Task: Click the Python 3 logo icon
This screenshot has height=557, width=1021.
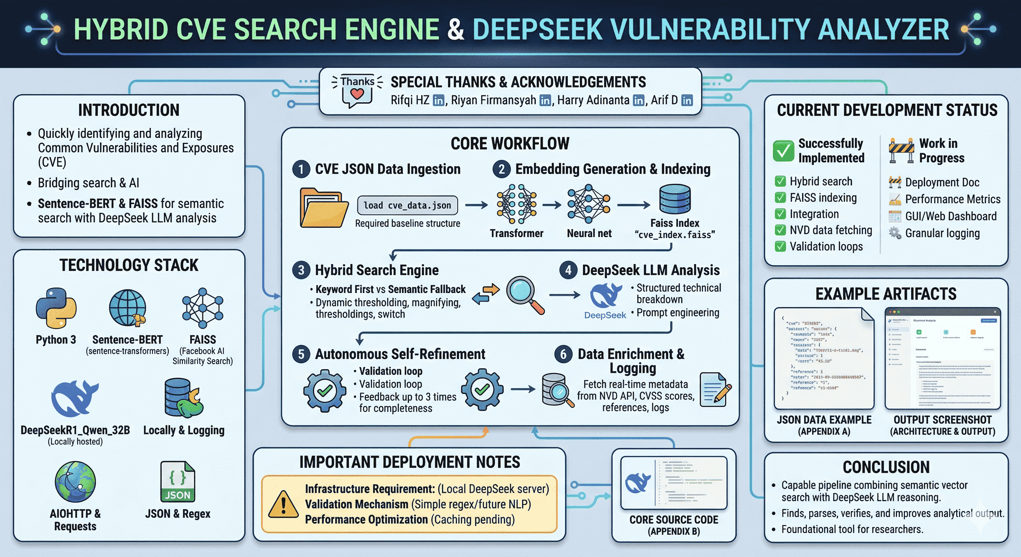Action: point(56,308)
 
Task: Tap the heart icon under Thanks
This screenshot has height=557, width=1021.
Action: point(357,94)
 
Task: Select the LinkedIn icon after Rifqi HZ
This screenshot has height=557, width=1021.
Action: point(438,101)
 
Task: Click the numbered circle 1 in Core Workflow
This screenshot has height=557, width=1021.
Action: point(301,169)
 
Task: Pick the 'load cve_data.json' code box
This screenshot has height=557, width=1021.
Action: point(407,205)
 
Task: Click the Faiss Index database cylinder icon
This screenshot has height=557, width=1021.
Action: point(675,199)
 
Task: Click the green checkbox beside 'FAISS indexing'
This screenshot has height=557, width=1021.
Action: point(780,197)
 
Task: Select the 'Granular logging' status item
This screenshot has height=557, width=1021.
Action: point(942,233)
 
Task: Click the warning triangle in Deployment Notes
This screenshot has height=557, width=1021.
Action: point(283,504)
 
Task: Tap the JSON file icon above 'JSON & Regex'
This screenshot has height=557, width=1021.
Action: point(178,481)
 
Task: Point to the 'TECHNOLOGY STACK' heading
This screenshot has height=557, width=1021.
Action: point(129,265)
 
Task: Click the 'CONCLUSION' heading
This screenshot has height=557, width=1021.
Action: point(886,467)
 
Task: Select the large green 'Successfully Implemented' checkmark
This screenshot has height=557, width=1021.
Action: point(783,150)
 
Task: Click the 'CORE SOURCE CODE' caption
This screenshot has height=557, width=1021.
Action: point(673,520)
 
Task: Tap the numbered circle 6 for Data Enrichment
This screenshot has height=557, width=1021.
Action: point(563,354)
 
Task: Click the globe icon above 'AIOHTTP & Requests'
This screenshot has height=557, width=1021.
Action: point(75,481)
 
